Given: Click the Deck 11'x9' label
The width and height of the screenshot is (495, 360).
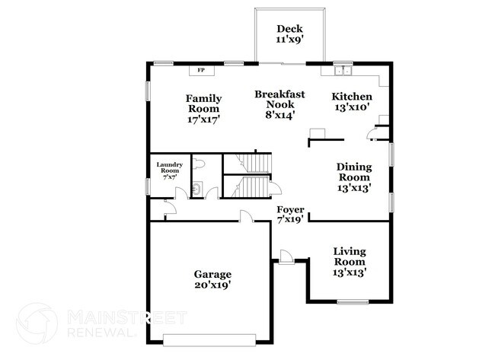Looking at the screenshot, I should click(289, 34).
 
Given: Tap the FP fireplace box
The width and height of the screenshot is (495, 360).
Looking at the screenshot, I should click(201, 71).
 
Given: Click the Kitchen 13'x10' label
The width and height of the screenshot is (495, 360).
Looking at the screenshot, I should click(351, 102).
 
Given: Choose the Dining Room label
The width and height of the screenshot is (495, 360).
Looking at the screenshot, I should click(353, 177).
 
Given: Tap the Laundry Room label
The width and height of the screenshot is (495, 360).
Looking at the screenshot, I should click(169, 169).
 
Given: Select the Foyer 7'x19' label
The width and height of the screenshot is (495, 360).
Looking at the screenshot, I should click(290, 214).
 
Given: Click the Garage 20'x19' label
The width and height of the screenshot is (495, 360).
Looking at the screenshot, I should click(212, 279).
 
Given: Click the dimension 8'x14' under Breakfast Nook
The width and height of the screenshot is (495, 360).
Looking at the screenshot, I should click(279, 115).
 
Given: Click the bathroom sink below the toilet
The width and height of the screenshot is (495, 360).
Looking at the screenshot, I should click(196, 188).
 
